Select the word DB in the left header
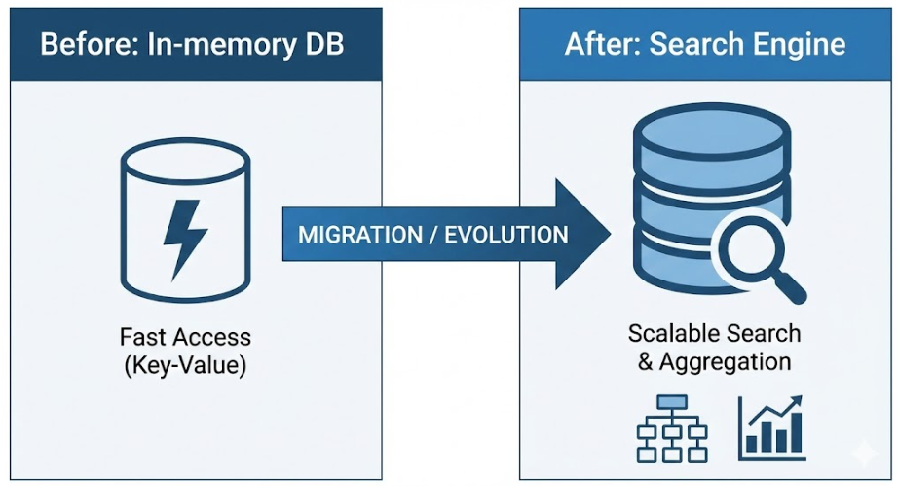click(x=319, y=46)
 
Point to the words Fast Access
click(x=185, y=338)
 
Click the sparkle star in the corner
click(x=862, y=453)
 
